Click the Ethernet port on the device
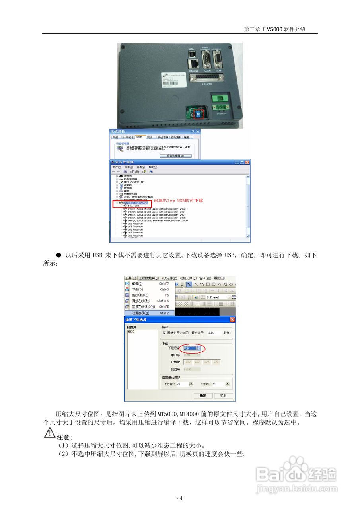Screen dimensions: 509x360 click(x=194, y=64)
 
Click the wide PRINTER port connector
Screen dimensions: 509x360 click(x=207, y=77)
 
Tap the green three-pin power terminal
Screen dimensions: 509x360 click(x=220, y=109)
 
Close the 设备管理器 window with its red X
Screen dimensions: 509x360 click(x=247, y=162)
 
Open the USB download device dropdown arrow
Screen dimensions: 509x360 click(x=199, y=348)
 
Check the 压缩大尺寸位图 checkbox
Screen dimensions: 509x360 click(x=164, y=332)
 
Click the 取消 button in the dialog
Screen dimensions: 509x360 click(x=223, y=396)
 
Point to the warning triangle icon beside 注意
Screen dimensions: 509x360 click(x=49, y=433)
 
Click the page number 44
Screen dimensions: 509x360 click(x=180, y=498)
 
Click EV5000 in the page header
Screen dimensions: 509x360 click(x=272, y=29)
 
